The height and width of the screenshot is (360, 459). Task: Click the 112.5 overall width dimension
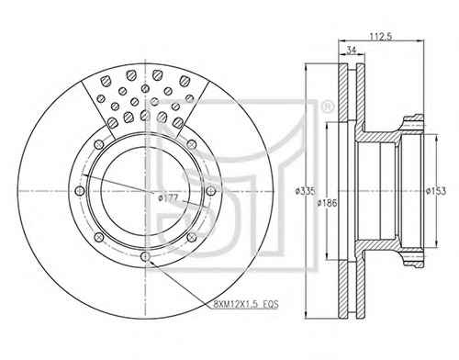click(x=381, y=37)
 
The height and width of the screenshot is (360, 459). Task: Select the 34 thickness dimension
click(x=352, y=51)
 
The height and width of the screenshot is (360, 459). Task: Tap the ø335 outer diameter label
click(x=305, y=191)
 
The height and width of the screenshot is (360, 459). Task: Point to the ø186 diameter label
click(x=327, y=203)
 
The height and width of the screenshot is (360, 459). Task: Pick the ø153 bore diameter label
click(x=436, y=191)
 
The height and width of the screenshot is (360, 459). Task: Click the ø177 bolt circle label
click(x=168, y=198)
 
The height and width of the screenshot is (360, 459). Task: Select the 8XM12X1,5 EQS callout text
click(x=246, y=304)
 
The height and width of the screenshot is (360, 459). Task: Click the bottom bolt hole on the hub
click(x=145, y=256)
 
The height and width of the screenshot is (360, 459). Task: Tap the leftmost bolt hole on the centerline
click(x=80, y=191)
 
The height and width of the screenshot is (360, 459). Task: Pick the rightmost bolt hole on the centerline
click(x=210, y=191)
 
